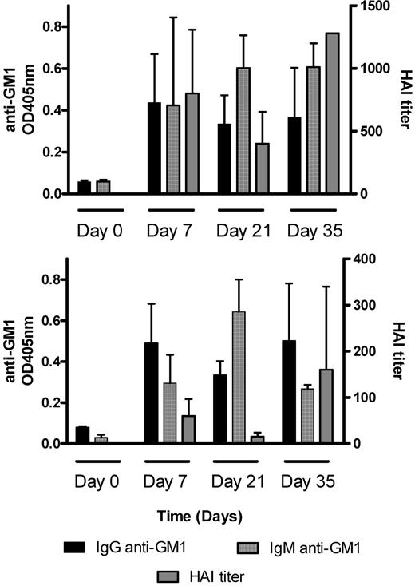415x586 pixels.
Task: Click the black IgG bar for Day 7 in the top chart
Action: (x=154, y=148)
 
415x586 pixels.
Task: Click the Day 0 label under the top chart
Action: (x=101, y=231)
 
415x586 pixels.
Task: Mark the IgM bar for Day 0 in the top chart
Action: (x=101, y=187)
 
